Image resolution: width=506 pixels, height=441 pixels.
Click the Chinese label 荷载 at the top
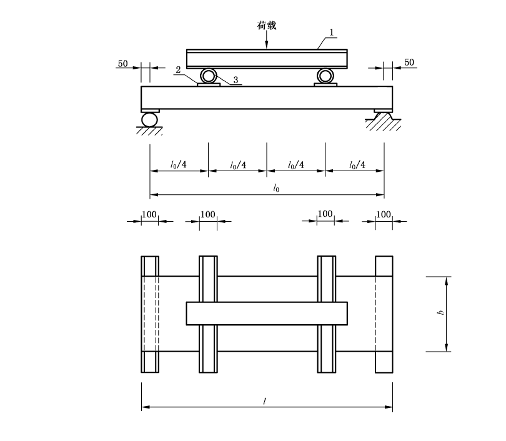pos(267,26)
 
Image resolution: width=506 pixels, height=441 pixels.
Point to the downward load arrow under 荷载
pos(267,40)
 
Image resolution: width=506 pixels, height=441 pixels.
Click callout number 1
pos(332,32)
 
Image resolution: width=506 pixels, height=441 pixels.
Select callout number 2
pos(178,70)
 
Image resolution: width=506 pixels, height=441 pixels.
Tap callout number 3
pos(236,80)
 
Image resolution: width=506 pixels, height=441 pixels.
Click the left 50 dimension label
pos(122,64)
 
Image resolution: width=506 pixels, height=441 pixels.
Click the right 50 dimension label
pos(409,62)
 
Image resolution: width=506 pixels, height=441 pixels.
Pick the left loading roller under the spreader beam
pos(208,76)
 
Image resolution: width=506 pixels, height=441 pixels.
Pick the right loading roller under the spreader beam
pos(325,76)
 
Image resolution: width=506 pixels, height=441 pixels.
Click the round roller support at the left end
pos(149,120)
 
